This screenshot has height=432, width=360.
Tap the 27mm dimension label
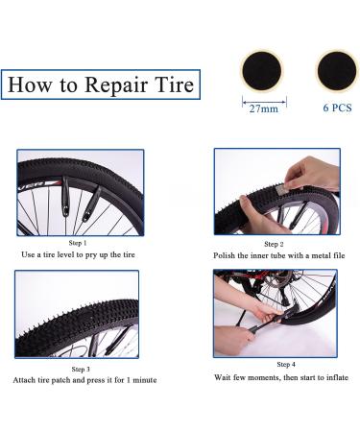(x=264, y=108)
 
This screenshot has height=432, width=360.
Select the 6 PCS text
(x=337, y=108)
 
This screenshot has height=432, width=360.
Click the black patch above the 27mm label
(x=262, y=71)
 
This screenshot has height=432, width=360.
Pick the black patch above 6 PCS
(x=337, y=71)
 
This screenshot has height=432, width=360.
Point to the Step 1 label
(x=78, y=243)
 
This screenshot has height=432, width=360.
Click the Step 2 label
(x=274, y=244)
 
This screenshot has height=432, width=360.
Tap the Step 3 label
(x=81, y=369)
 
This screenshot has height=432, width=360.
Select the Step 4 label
(x=286, y=364)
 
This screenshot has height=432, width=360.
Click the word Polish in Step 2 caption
(x=224, y=255)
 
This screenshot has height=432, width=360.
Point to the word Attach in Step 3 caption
(x=24, y=380)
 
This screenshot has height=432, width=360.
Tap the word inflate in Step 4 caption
(x=337, y=377)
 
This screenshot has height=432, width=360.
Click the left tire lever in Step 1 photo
(x=66, y=196)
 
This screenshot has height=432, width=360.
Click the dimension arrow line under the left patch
(x=264, y=103)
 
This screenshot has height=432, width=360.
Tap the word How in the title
(x=30, y=84)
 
